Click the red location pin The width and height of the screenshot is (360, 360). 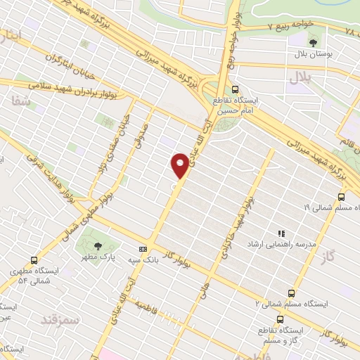click(180, 165)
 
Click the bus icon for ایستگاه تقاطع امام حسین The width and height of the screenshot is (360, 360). click(235, 89)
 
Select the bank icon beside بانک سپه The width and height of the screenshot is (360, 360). click(143, 249)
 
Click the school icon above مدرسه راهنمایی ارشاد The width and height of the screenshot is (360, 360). click(281, 233)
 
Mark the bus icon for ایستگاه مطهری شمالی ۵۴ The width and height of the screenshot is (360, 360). click(34, 259)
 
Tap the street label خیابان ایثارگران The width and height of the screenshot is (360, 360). click(74, 68)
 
